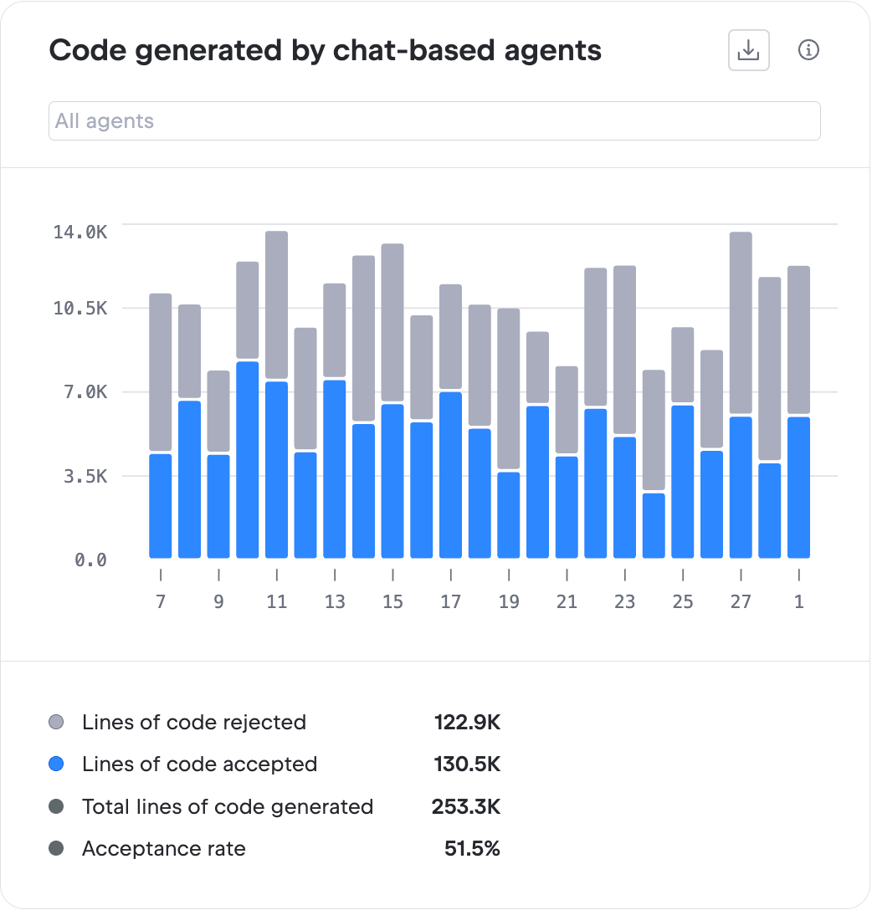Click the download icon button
(x=748, y=51)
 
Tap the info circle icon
(x=808, y=50)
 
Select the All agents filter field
(x=434, y=121)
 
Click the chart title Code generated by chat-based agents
(x=325, y=51)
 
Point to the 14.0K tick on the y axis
(x=80, y=232)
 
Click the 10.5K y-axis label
(x=80, y=309)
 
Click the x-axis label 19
(x=509, y=601)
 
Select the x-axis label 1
(x=799, y=601)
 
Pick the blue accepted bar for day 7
(x=161, y=506)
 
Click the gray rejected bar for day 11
(x=276, y=305)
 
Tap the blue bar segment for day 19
(x=509, y=515)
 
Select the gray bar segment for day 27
(x=741, y=323)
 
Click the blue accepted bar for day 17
(x=450, y=475)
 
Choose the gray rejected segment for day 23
(x=624, y=350)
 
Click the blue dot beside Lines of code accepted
(x=56, y=764)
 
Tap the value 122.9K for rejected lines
(x=467, y=722)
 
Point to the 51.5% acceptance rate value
(x=472, y=849)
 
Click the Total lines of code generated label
(x=228, y=806)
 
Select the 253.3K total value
(x=466, y=806)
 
